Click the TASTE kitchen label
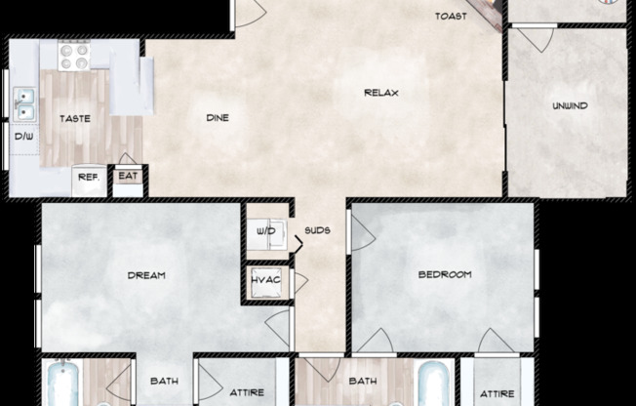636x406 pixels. click(75, 119)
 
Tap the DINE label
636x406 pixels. click(218, 118)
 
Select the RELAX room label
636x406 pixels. click(381, 94)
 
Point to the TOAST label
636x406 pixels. click(451, 16)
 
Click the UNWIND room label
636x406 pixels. click(570, 105)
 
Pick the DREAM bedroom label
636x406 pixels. click(146, 275)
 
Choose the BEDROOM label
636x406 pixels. click(445, 275)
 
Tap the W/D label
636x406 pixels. click(265, 231)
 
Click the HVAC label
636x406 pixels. click(266, 281)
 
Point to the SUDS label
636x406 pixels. click(317, 231)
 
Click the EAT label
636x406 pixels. click(128, 177)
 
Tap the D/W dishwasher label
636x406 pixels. click(24, 137)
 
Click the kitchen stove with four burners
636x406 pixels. click(74, 56)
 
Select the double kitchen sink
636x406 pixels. click(24, 99)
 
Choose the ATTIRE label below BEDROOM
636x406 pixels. click(497, 392)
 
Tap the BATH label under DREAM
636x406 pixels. click(163, 382)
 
